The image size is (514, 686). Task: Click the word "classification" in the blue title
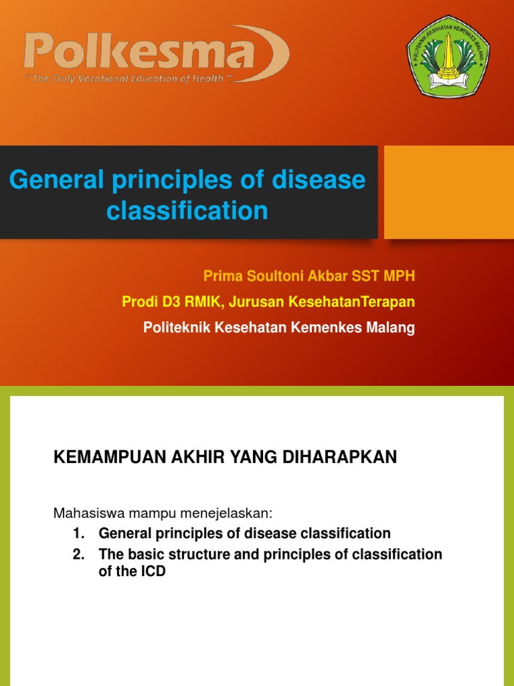[x=187, y=211]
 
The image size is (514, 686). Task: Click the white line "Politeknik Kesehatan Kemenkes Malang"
[x=279, y=328]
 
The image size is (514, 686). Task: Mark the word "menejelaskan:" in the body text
[x=232, y=513]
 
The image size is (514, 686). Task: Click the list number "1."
[x=79, y=534]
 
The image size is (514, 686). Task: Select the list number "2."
[x=79, y=555]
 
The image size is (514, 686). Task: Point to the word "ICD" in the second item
[x=153, y=572]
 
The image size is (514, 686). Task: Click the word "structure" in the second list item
[x=187, y=555]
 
